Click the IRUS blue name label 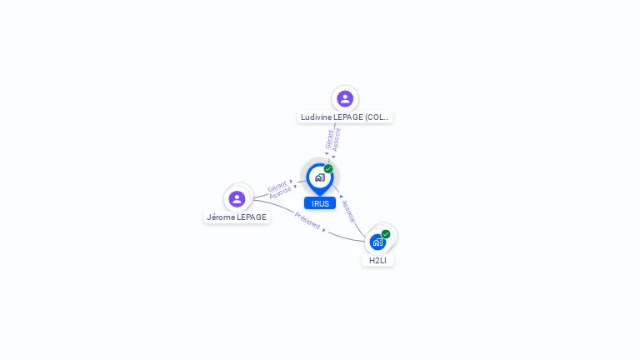coord(320,203)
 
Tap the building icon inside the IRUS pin coord(319,177)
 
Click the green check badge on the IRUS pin coord(328,169)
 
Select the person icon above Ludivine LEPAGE coord(345,99)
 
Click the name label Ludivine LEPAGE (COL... coord(345,117)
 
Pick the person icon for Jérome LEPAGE coord(237,198)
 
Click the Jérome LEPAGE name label coord(237,217)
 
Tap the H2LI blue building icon coord(377,242)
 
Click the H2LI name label coord(378,261)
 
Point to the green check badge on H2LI coord(386,234)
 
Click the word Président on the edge coord(307,222)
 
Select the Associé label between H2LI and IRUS coord(348,211)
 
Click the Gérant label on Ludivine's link coord(330,138)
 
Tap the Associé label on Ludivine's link coord(337,138)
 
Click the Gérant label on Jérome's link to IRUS coord(277,186)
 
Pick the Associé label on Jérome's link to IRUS coord(281,192)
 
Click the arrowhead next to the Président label coord(324,230)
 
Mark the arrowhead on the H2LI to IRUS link coord(342,197)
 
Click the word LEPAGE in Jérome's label coord(252,217)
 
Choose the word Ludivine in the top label coord(316,117)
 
